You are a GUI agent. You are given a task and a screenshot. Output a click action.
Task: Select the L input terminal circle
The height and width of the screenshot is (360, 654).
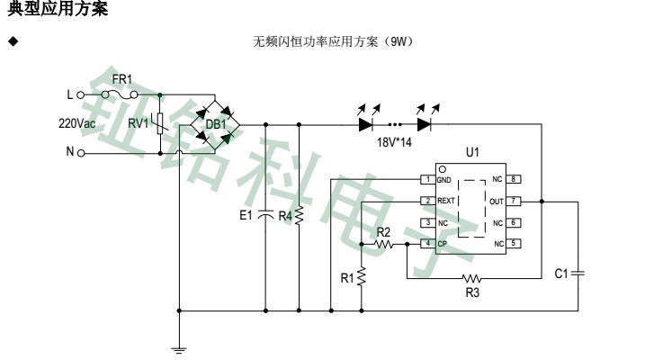coord(81,94)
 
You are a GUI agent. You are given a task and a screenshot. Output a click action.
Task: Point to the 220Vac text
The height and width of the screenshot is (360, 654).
coord(77,123)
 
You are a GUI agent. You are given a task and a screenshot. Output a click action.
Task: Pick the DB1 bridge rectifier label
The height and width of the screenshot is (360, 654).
coord(216,124)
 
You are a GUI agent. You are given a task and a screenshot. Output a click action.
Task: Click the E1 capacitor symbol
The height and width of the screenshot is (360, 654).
coord(265,216)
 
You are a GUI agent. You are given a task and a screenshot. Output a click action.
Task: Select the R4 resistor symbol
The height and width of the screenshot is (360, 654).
coord(300,216)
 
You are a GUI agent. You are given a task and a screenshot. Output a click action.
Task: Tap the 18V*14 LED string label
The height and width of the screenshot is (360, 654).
coord(395,142)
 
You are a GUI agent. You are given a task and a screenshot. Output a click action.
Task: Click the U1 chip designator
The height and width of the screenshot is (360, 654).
coord(472,152)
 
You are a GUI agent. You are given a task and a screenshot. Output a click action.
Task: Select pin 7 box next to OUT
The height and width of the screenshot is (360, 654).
coord(514,201)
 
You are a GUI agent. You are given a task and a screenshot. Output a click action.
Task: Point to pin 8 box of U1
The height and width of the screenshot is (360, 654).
coord(514,180)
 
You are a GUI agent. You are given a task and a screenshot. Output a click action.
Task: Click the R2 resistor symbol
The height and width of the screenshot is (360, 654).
coord(384,244)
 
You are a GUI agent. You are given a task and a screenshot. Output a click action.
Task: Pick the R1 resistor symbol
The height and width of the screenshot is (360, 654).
coord(361,278)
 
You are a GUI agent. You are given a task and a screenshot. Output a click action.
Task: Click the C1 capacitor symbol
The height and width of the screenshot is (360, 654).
coord(577,271)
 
